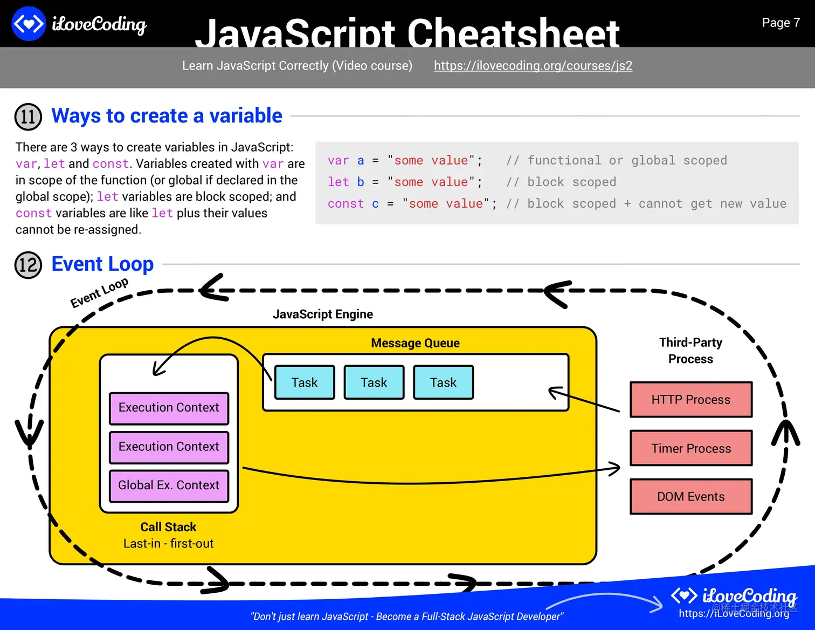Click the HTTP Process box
click(691, 399)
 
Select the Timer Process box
click(691, 448)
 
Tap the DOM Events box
click(691, 496)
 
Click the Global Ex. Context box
click(169, 485)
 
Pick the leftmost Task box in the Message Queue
click(305, 382)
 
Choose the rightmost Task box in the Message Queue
click(443, 382)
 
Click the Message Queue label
click(415, 343)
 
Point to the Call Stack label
click(168, 527)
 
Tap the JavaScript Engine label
click(323, 314)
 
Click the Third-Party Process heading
click(691, 351)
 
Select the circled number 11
click(28, 117)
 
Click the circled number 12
click(28, 265)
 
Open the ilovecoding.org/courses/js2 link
click(533, 66)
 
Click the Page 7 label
click(781, 23)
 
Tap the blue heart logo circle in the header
click(29, 24)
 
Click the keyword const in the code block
click(346, 204)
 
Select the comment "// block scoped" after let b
click(561, 182)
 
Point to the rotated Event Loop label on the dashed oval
click(99, 293)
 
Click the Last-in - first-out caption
click(168, 543)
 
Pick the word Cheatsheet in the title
click(513, 33)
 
